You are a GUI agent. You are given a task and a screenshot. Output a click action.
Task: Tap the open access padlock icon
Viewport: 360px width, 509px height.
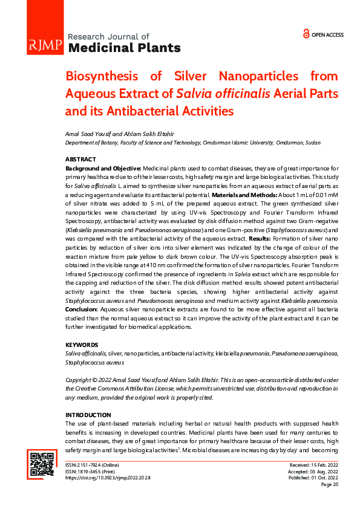306,34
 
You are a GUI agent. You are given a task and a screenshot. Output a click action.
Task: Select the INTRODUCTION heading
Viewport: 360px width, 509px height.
88,415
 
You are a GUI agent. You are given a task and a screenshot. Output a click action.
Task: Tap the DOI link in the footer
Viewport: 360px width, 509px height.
107,478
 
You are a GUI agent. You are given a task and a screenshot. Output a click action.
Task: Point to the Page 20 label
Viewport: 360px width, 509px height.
330,485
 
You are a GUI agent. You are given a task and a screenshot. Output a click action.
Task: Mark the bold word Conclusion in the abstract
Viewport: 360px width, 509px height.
82,309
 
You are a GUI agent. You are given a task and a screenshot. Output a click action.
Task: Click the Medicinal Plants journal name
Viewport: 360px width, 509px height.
125,48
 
